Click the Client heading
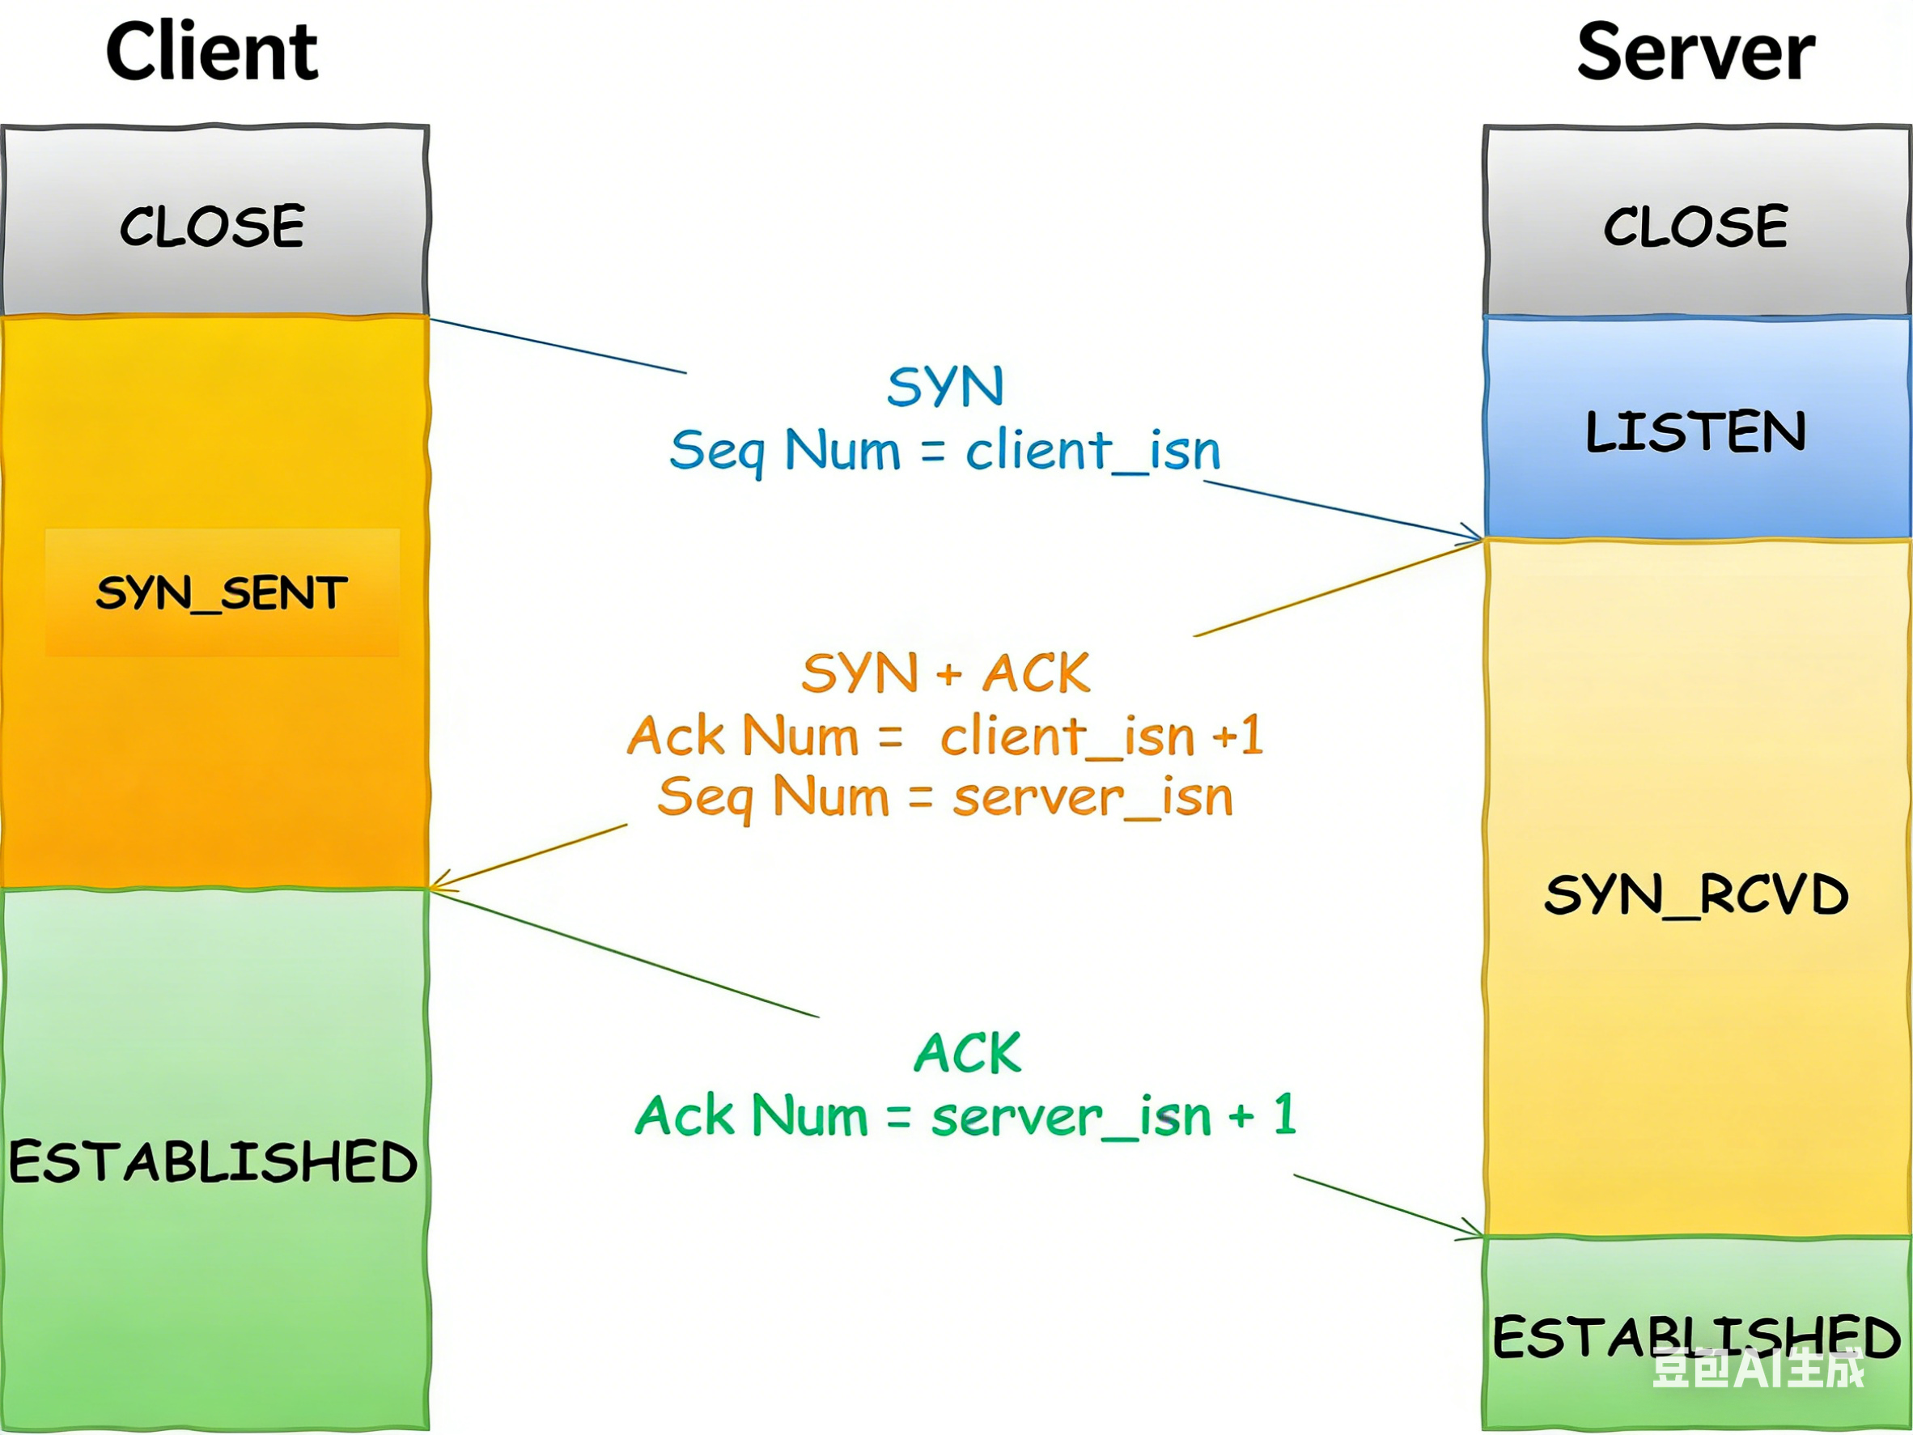[212, 52]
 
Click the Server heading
[1695, 52]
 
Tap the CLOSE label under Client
[212, 227]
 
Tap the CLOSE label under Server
[1695, 227]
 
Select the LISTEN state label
[1695, 431]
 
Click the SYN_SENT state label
[222, 593]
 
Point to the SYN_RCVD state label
[1695, 894]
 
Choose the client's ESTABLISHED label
[213, 1161]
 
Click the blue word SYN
[945, 386]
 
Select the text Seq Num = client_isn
[945, 451]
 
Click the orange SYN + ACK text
[945, 673]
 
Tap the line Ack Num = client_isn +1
[945, 736]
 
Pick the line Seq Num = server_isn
[945, 796]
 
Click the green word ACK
[968, 1054]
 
